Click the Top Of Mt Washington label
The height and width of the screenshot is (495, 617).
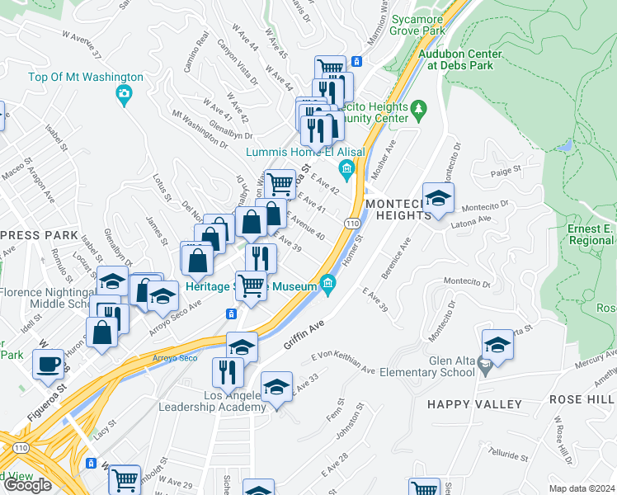[86, 78]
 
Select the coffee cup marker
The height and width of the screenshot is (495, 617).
[49, 364]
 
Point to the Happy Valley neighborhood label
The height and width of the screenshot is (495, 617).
[474, 404]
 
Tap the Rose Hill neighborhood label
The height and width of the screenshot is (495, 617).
[582, 399]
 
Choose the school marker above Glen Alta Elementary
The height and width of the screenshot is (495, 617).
[498, 344]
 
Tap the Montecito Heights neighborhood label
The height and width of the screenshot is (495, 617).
[398, 210]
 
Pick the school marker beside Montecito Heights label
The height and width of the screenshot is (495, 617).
[439, 198]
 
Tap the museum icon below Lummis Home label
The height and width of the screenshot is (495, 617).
[346, 172]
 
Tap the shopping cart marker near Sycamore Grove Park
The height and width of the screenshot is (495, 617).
[330, 68]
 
